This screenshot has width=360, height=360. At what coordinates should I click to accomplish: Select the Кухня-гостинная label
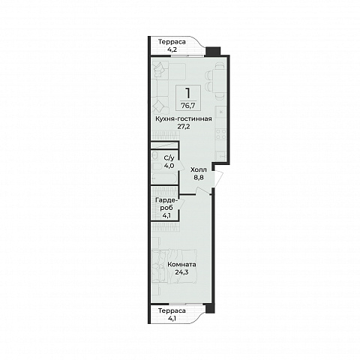[184, 119]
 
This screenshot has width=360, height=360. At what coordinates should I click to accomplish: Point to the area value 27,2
[184, 127]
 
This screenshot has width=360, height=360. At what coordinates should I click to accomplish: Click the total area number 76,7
[188, 106]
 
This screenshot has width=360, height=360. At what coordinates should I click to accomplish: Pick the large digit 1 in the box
[188, 94]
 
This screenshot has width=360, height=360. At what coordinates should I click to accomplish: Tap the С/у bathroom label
[169, 157]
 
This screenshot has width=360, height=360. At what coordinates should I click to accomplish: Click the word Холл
[199, 170]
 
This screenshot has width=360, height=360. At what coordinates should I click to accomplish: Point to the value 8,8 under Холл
[199, 178]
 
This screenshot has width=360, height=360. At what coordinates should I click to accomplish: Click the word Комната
[181, 265]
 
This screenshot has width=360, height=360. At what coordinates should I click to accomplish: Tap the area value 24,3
[181, 272]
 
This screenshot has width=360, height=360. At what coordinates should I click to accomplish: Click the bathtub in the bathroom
[164, 178]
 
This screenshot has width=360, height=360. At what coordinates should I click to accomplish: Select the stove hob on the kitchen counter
[221, 133]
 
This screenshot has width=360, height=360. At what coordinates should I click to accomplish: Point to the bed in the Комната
[174, 266]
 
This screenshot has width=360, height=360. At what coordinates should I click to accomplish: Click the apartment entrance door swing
[218, 178]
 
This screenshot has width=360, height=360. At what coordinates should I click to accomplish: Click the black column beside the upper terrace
[213, 51]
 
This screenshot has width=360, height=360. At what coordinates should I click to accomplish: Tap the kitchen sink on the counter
[221, 156]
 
